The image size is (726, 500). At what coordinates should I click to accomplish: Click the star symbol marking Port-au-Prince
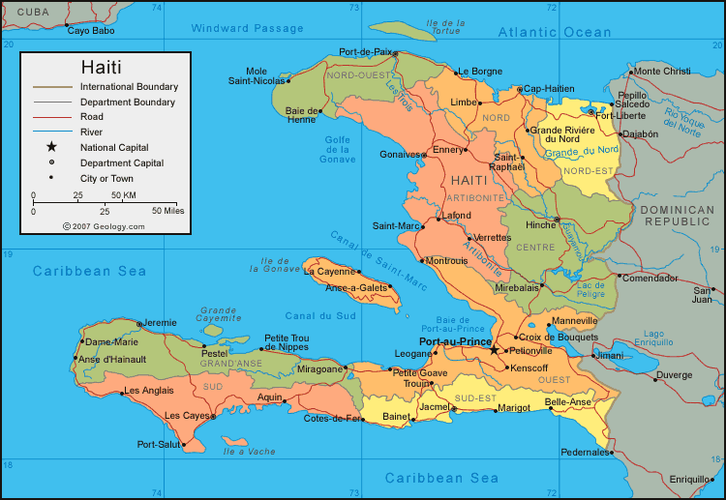click(x=494, y=350)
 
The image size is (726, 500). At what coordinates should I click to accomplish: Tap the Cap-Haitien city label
click(x=549, y=89)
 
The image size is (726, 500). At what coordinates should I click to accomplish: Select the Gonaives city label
click(x=399, y=154)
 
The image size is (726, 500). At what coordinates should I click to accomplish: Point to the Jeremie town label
click(x=161, y=322)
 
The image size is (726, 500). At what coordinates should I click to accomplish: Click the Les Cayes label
click(x=187, y=416)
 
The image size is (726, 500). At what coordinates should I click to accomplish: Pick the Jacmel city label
click(x=438, y=408)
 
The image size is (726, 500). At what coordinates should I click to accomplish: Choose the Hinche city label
click(x=539, y=224)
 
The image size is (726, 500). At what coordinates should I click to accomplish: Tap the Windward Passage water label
click(x=247, y=29)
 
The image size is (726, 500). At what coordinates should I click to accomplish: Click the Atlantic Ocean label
click(x=555, y=32)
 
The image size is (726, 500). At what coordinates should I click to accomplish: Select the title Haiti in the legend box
click(x=101, y=67)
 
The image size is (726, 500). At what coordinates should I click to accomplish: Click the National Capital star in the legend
click(x=51, y=147)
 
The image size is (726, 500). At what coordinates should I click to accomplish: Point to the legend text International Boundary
click(x=129, y=86)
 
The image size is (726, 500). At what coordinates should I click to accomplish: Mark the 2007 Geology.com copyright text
click(x=104, y=226)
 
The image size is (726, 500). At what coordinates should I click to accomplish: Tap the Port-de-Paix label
click(x=366, y=52)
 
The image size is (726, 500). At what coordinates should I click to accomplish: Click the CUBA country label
click(x=33, y=12)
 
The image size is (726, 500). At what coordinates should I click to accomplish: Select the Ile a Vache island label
click(x=249, y=452)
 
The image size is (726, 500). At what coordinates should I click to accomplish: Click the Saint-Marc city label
click(x=395, y=226)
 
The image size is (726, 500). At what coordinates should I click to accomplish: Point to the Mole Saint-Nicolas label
click(x=257, y=76)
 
